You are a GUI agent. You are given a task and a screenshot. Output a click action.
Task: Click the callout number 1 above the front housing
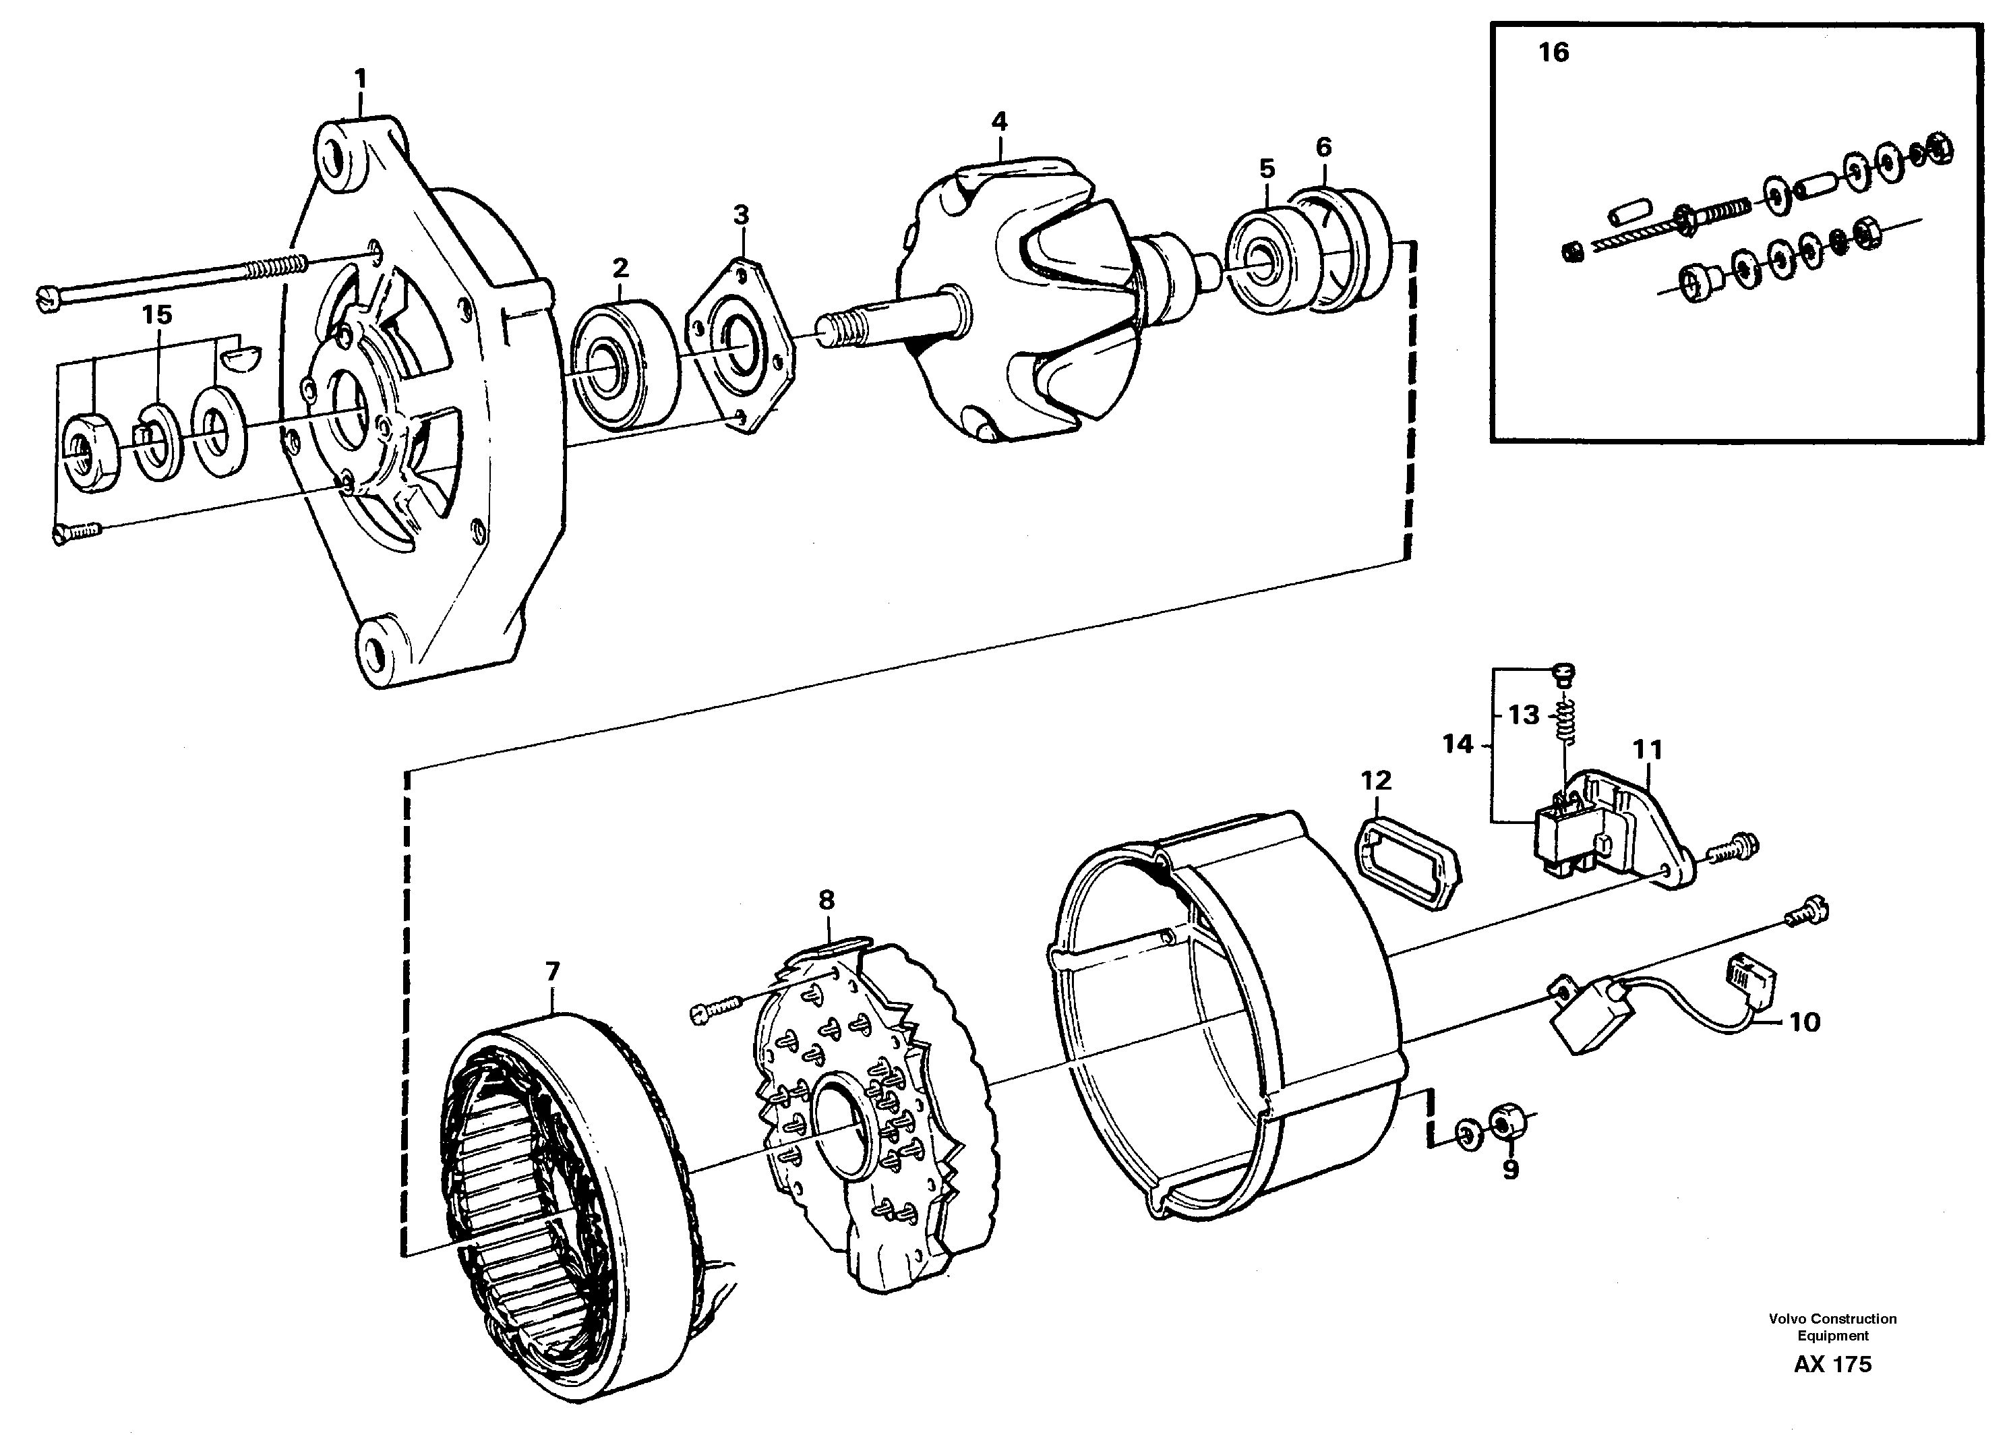[x=361, y=80]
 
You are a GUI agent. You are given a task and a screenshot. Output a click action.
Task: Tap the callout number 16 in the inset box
[x=1553, y=53]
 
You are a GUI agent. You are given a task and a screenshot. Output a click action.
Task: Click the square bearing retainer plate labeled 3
[x=740, y=345]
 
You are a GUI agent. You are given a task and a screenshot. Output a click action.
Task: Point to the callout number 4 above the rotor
[x=999, y=121]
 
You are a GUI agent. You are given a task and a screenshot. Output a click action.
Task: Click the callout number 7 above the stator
[x=552, y=972]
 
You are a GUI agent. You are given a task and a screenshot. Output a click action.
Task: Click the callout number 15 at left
[x=157, y=314]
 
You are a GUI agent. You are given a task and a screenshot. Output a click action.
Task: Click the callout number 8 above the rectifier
[x=826, y=901]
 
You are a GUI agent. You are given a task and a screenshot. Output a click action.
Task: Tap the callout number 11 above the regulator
[x=1648, y=750]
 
